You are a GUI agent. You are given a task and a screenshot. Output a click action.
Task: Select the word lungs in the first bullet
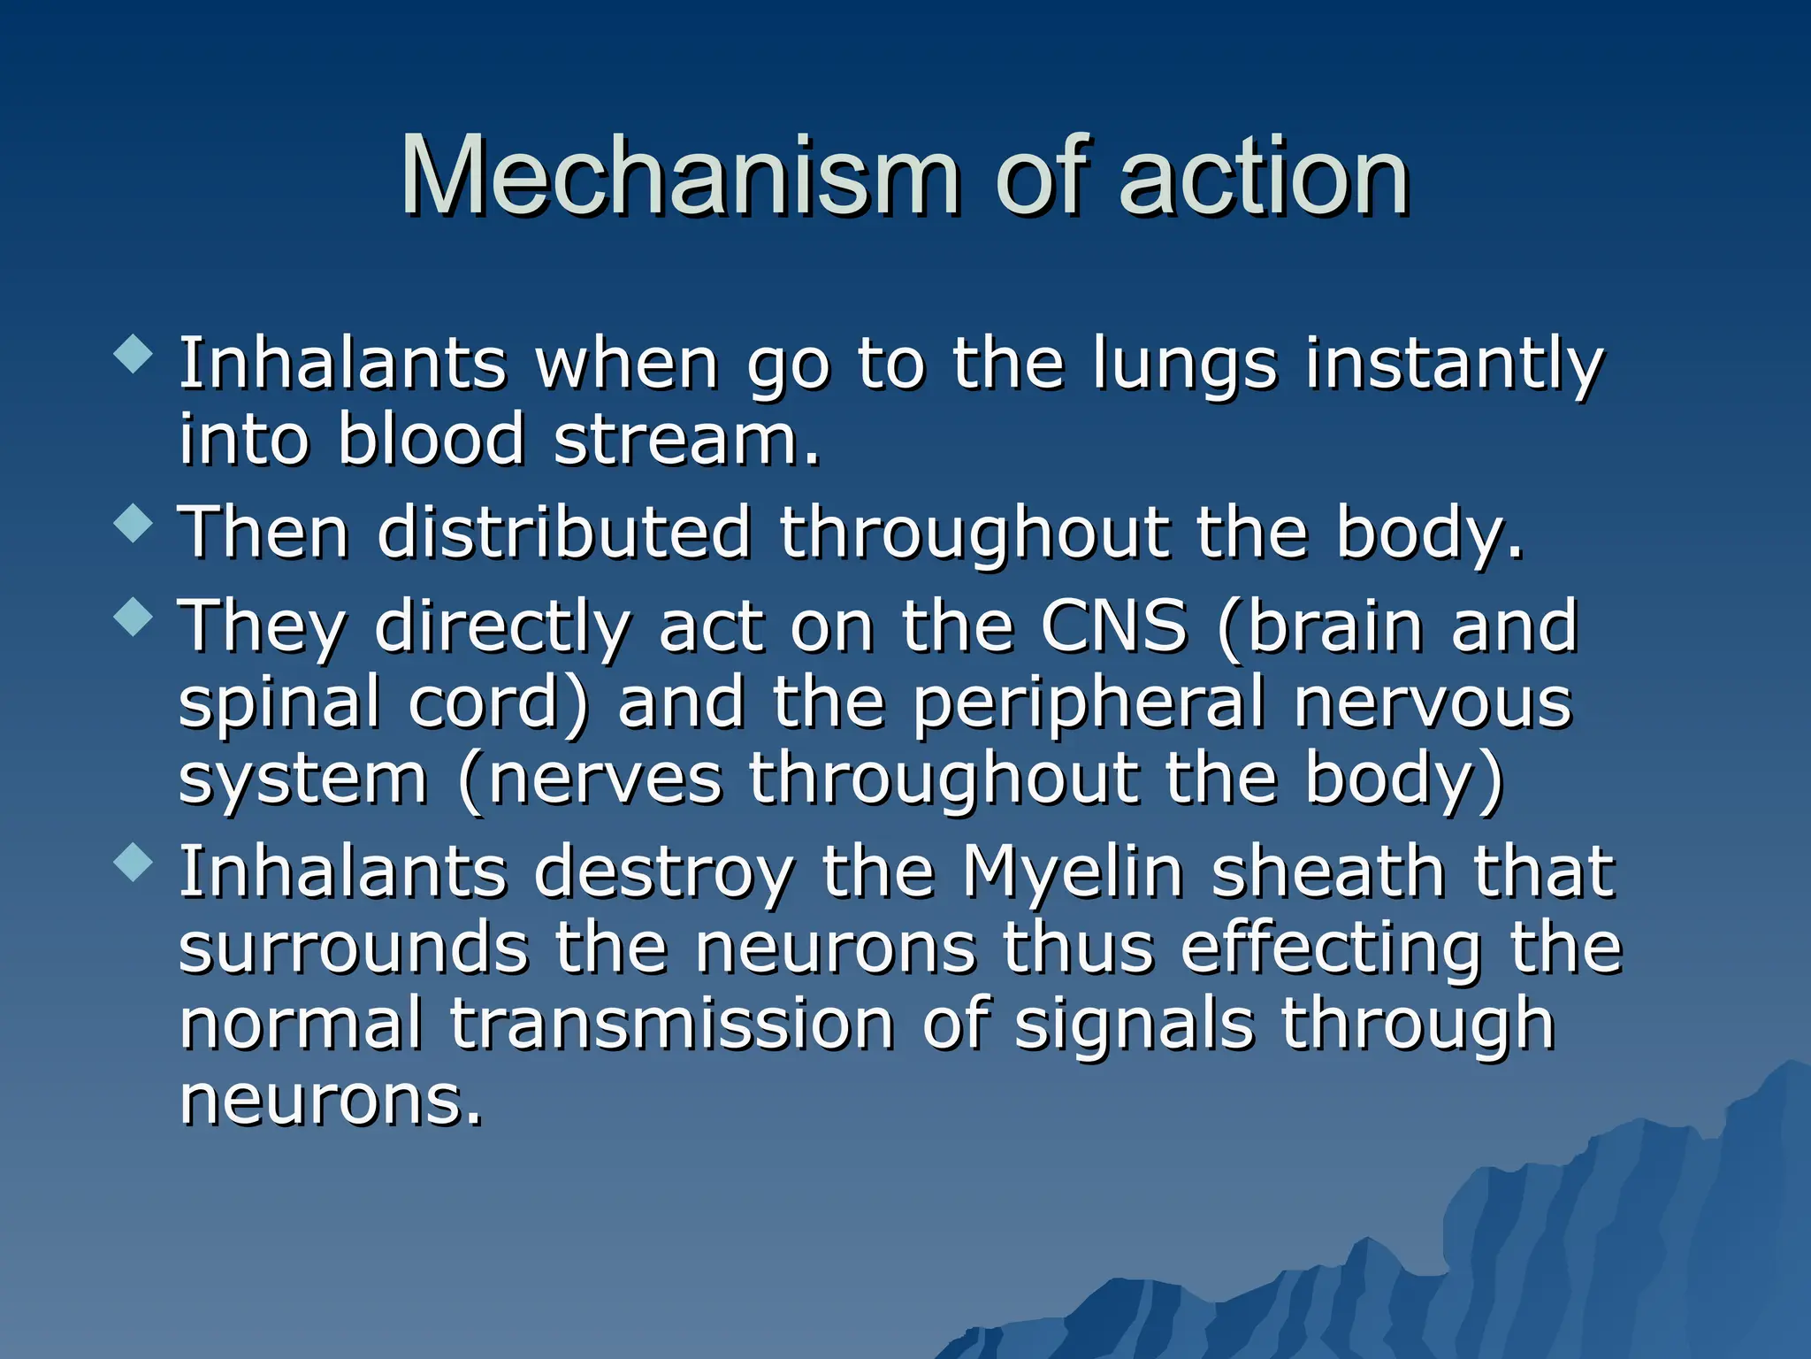1185,365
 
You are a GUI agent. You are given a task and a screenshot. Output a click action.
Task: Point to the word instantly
1454,365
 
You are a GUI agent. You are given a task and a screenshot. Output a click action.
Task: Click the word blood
432,439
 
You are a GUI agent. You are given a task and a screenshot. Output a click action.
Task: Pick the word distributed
564,533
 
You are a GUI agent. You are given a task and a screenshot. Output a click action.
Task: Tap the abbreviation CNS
1113,626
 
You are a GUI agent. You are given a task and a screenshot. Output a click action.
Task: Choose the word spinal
279,703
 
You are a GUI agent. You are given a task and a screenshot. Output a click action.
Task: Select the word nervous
1433,703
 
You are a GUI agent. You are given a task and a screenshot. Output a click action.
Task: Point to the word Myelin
1073,872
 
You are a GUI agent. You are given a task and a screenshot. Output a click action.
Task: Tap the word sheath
1327,872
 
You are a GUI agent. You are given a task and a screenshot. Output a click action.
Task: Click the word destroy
663,872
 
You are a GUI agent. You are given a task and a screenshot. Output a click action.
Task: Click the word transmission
672,1025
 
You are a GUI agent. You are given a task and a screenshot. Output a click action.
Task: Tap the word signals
1135,1025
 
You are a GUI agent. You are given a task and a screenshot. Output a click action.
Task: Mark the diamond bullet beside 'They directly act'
134,617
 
